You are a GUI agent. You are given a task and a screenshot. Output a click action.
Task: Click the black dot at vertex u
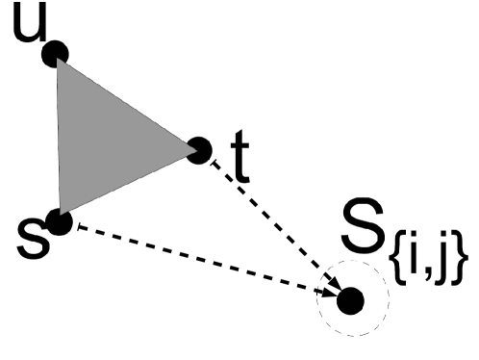(x=56, y=53)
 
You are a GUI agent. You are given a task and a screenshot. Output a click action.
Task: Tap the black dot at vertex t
(x=199, y=149)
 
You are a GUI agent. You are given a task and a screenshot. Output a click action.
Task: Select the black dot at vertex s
(x=60, y=223)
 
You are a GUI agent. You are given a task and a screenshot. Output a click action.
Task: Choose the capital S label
(x=366, y=230)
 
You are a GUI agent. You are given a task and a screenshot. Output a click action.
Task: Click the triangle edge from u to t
(x=127, y=101)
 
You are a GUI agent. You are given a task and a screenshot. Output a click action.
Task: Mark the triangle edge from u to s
(x=58, y=138)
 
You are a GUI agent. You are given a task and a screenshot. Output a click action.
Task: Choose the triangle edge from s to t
(x=130, y=186)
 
